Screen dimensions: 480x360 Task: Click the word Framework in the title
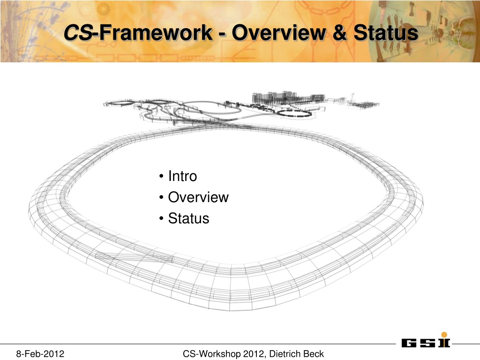point(156,32)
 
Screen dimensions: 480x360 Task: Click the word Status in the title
point(386,32)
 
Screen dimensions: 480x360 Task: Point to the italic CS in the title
point(78,32)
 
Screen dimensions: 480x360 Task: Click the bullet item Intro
point(182,176)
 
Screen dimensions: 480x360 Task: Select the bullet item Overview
point(198,197)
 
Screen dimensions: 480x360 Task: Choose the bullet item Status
point(188,218)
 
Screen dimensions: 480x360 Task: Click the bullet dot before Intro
point(161,176)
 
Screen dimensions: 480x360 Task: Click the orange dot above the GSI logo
point(444,335)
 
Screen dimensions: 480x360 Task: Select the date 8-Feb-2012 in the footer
point(40,354)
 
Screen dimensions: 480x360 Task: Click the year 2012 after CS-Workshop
point(254,354)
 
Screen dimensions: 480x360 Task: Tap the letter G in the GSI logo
point(409,343)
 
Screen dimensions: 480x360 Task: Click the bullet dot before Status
point(161,219)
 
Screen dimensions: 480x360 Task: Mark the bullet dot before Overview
point(161,197)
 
